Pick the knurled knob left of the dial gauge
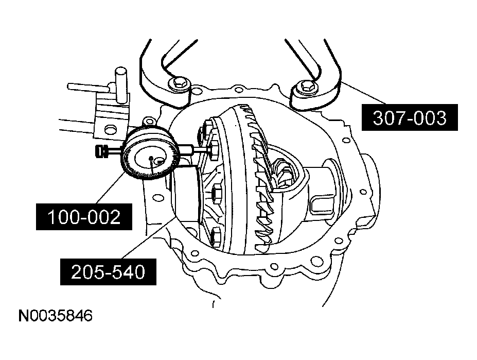[x=102, y=151]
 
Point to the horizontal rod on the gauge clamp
[x=87, y=87]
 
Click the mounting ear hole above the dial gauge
[x=150, y=122]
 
